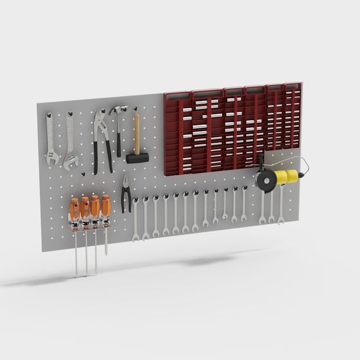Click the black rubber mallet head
click(137, 157)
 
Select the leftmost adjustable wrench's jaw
click(50, 156)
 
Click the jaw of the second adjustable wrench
click(71, 162)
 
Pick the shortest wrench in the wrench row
click(225, 204)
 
